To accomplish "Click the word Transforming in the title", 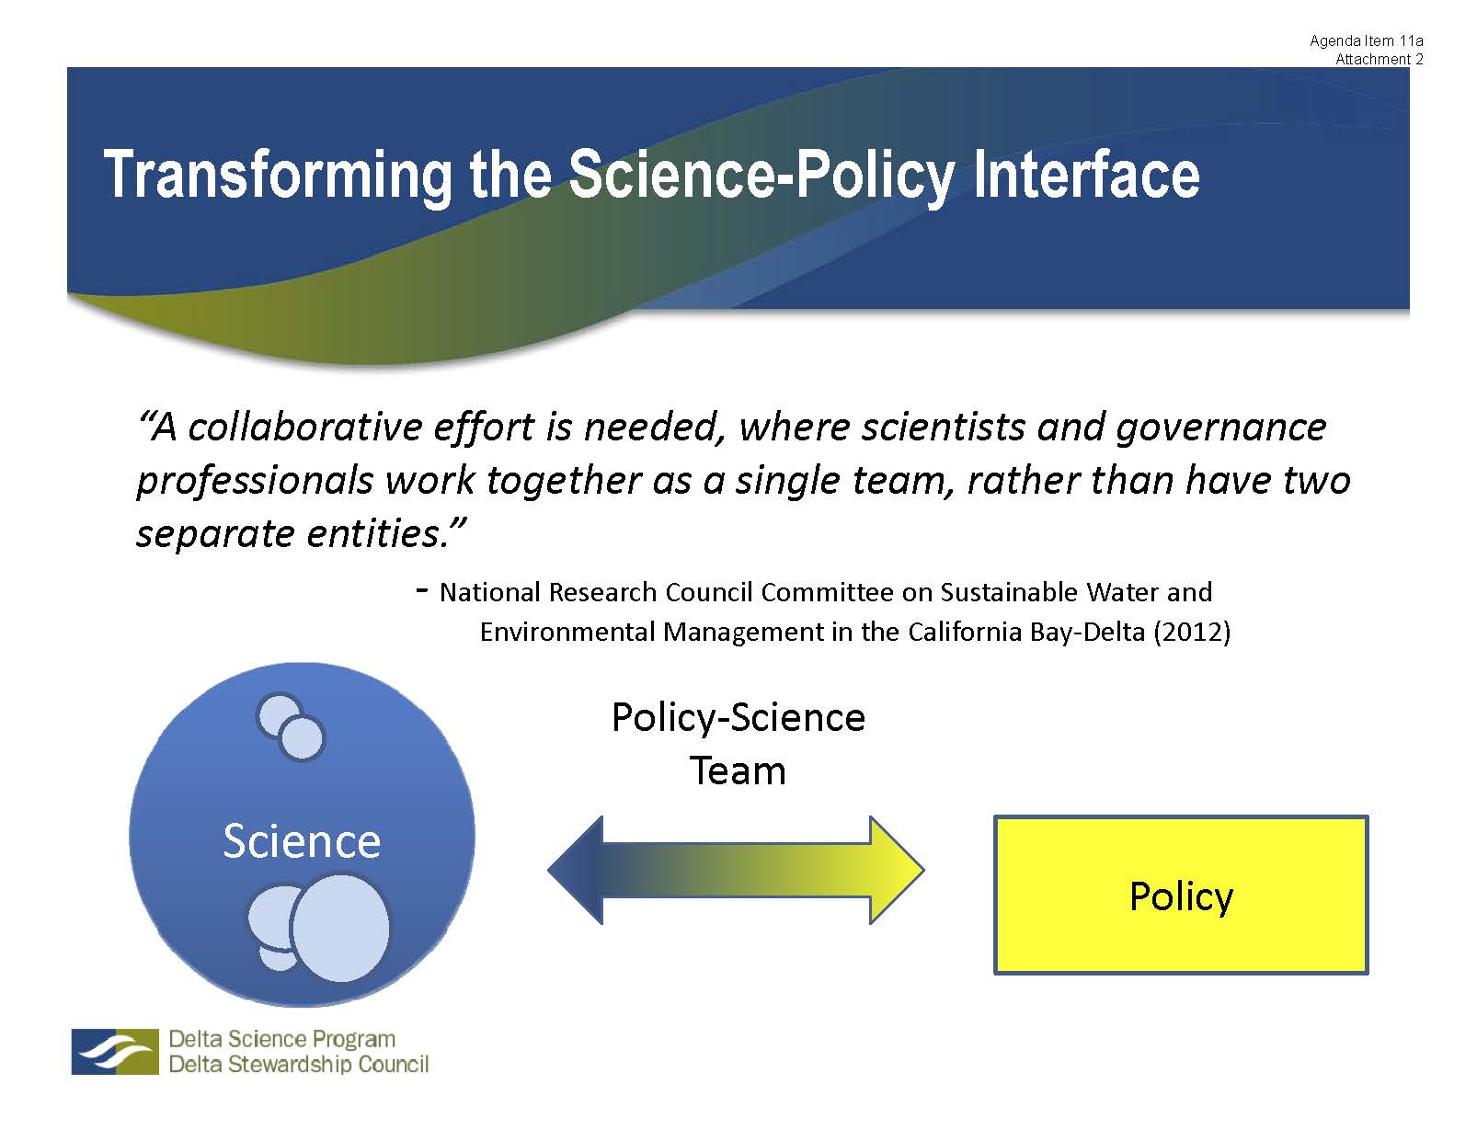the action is point(278,175).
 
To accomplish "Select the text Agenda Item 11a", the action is point(1367,40).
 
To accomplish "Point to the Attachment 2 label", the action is point(1380,59).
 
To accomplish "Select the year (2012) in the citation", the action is point(1192,632).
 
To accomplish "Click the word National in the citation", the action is point(490,592).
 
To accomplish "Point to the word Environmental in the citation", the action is point(567,632).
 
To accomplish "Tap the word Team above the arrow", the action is point(738,771).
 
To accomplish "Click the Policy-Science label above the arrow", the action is point(738,718).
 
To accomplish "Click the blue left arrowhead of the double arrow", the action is point(575,871).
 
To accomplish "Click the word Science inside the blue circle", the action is point(302,841).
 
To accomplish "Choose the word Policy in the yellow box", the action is point(1182,897).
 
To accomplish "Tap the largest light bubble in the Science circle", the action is point(340,929).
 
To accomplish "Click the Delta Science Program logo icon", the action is point(115,1051).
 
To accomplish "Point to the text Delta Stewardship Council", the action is point(298,1064).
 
